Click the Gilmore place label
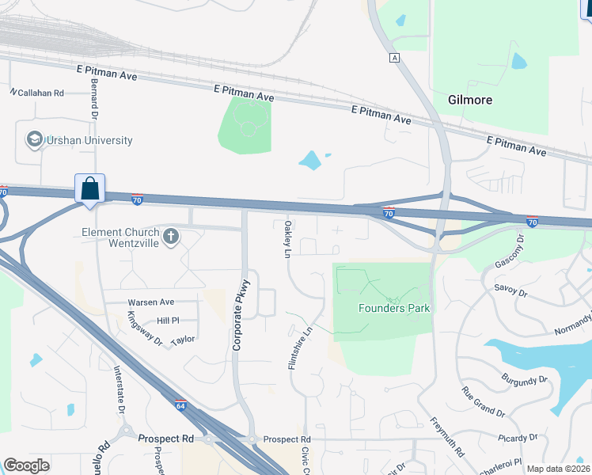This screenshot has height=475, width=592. pos(470,101)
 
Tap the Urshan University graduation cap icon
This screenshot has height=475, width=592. pos(35,140)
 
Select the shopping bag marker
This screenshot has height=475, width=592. pos(90,189)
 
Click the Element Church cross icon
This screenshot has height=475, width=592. pos(170,236)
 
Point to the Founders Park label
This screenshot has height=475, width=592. pos(394,308)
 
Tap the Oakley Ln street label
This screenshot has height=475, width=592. pos(287,238)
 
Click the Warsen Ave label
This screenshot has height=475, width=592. pos(150,302)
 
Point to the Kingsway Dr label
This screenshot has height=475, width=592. pos(144,329)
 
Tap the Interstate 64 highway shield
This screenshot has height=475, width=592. pos(180,405)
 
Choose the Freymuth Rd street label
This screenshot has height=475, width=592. pos(448,438)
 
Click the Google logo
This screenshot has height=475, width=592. pos(27,465)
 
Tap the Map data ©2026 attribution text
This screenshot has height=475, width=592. pos(557,469)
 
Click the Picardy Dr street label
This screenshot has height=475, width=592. pos(518,437)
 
